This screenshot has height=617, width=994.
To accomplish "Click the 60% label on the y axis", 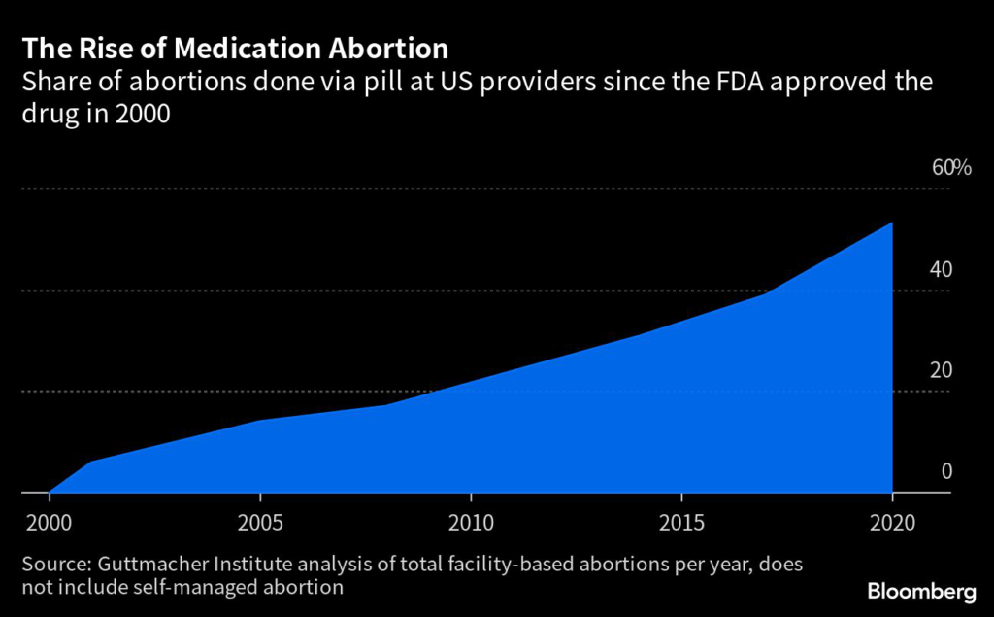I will pyautogui.click(x=950, y=168).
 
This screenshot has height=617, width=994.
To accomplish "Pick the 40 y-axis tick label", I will pyautogui.click(x=941, y=269).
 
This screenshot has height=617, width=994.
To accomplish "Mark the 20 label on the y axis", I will pyautogui.click(x=941, y=370).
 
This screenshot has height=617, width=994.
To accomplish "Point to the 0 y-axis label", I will pyautogui.click(x=946, y=471).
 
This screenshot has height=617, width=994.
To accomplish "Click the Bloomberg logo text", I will pyautogui.click(x=920, y=591).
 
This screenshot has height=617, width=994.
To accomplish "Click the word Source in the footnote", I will pyautogui.click(x=53, y=565).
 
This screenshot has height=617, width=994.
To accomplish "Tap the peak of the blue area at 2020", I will pyautogui.click(x=892, y=223).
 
